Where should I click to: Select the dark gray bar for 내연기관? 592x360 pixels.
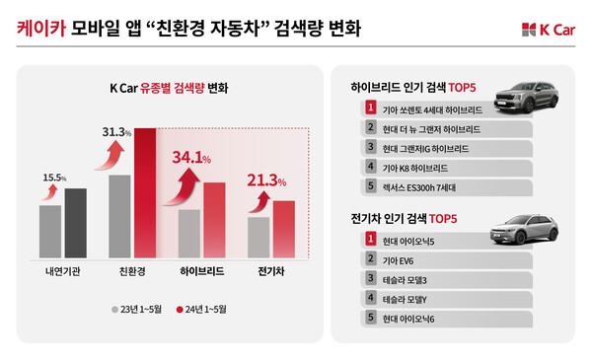[x=75, y=223]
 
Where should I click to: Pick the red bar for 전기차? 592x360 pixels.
[x=283, y=229]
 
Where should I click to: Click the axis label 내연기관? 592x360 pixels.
[x=63, y=270]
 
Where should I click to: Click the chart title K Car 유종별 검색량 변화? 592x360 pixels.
[x=168, y=88]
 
